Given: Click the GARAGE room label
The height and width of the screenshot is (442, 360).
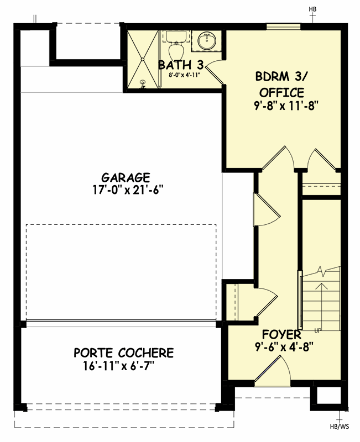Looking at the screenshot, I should pyautogui.click(x=126, y=178).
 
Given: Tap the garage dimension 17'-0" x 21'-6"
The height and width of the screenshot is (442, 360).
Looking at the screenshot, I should pyautogui.click(x=126, y=190).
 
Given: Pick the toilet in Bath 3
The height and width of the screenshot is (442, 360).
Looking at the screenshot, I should pyautogui.click(x=176, y=44).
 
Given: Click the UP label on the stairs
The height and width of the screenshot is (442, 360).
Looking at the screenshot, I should pyautogui.click(x=318, y=331).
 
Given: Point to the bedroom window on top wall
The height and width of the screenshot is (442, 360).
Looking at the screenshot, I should pyautogui.click(x=283, y=26).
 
